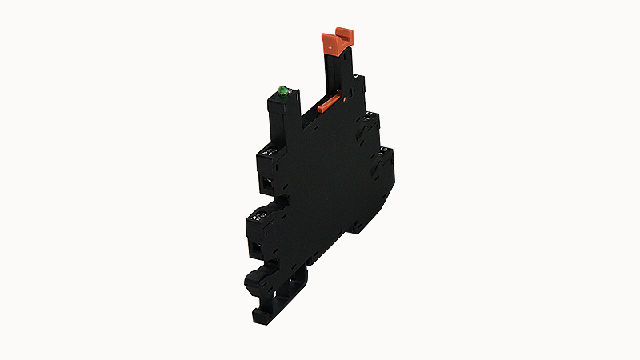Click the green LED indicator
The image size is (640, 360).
[x=282, y=90]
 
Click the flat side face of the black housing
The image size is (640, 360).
[x=328, y=176]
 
